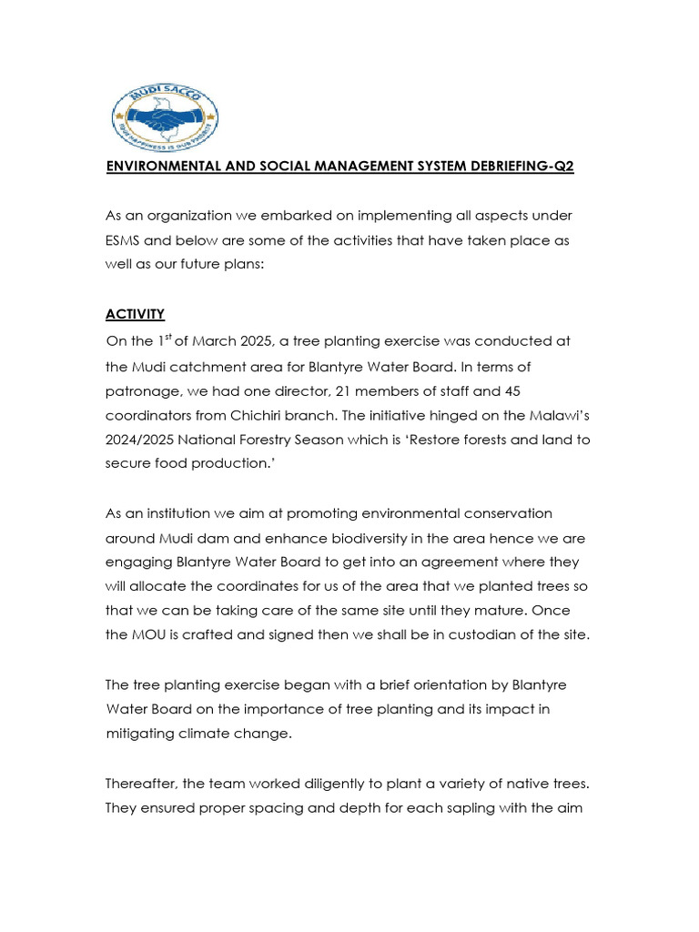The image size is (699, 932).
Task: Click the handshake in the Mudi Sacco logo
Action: [165, 114]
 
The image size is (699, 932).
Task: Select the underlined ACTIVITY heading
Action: [136, 314]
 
